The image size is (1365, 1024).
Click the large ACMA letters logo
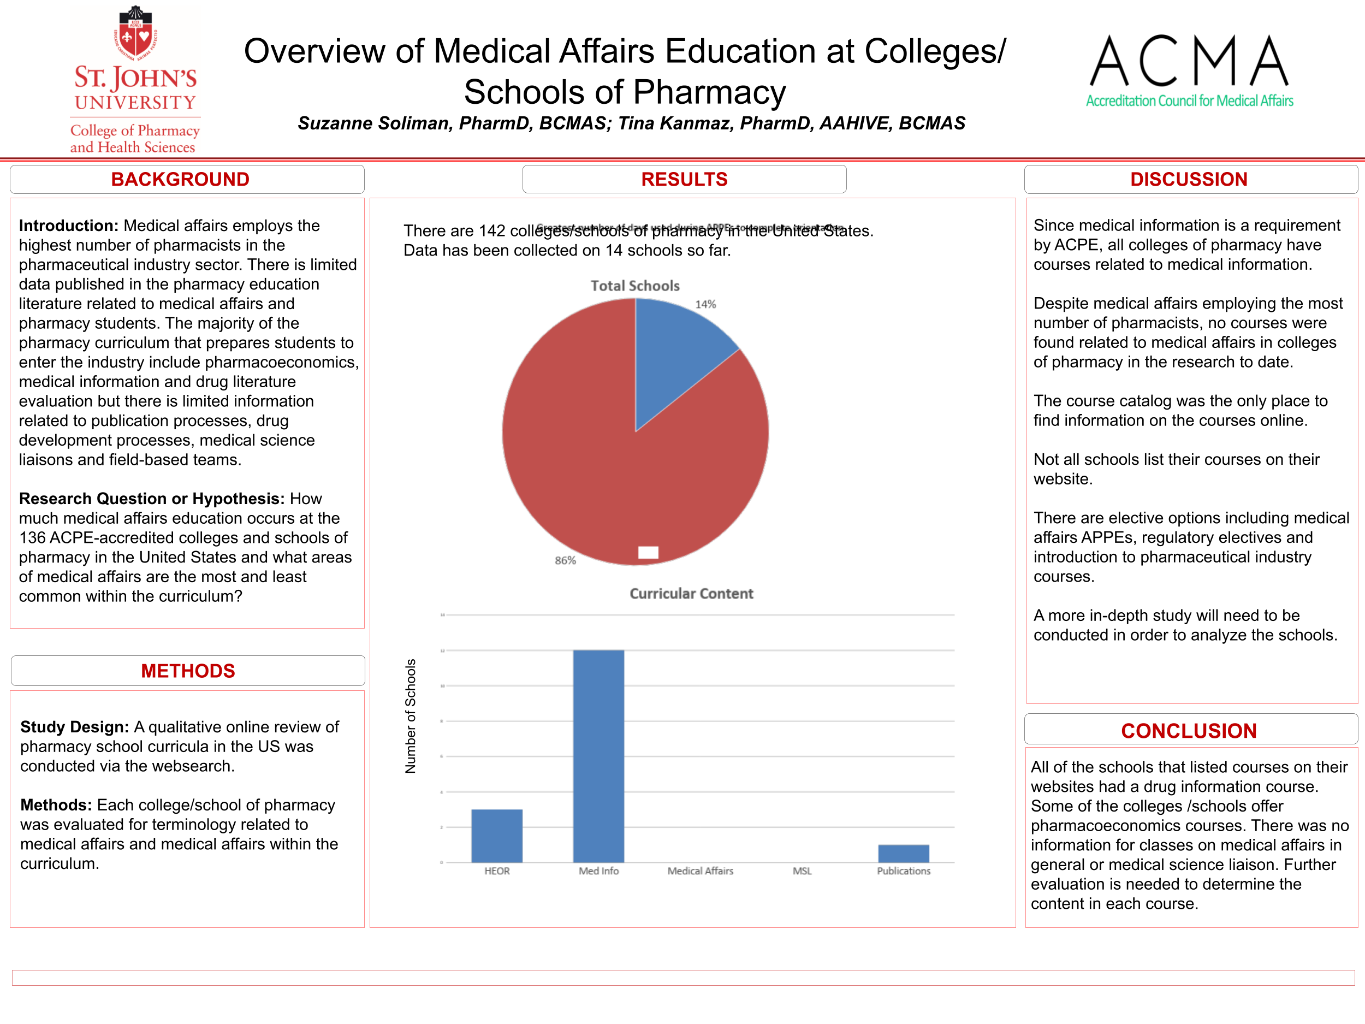click(x=1189, y=61)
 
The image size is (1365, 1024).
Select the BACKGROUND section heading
click(x=180, y=179)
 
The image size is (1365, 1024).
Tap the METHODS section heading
click(x=188, y=671)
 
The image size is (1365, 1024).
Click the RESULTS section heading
click(x=684, y=179)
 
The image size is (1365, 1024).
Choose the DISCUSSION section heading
click(x=1189, y=179)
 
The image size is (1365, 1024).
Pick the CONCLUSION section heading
click(x=1189, y=731)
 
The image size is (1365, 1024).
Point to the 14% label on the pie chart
click(x=705, y=304)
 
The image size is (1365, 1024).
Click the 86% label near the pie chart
click(x=565, y=560)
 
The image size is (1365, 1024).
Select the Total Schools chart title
click(x=635, y=286)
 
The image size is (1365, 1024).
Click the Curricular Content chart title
click(x=691, y=593)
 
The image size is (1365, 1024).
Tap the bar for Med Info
click(x=598, y=756)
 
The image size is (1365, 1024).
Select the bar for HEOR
click(x=497, y=836)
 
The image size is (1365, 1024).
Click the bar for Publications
click(x=904, y=854)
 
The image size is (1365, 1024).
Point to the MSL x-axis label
click(x=802, y=871)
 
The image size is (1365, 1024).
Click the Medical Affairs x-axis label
click(x=700, y=871)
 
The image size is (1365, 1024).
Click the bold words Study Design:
click(x=74, y=727)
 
